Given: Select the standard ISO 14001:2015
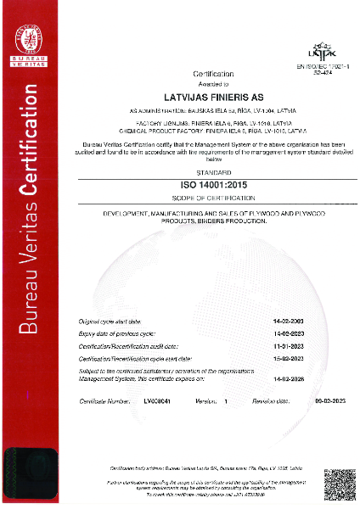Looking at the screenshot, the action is pyautogui.click(x=201, y=182).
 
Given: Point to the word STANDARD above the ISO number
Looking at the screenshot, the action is pyautogui.click(x=201, y=172).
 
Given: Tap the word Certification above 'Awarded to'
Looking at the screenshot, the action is pyautogui.click(x=201, y=76).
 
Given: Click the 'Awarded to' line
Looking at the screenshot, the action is pyautogui.click(x=201, y=85).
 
